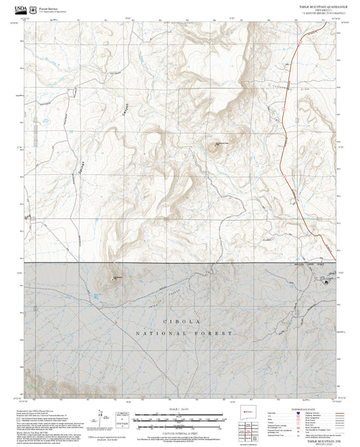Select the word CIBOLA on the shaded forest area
click(180, 321)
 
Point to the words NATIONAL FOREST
click(184, 334)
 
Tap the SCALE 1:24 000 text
click(179, 409)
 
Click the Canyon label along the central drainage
click(126, 104)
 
